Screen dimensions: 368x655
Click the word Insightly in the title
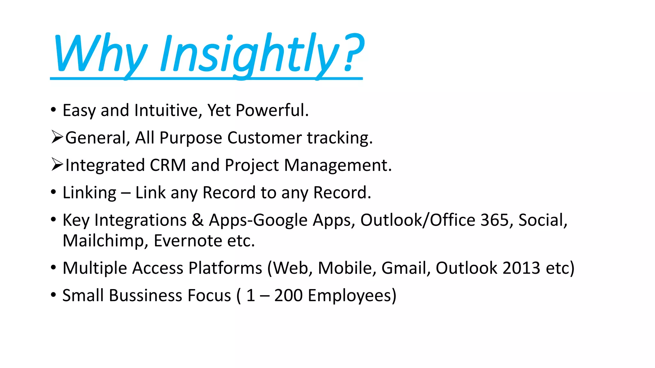249,54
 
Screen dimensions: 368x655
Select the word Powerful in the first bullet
272,111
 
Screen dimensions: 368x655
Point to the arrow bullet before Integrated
57,165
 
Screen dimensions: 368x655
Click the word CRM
168,165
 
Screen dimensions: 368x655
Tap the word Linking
90,193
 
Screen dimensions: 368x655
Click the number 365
495,220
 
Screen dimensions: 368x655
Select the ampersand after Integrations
198,220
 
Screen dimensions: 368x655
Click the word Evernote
188,241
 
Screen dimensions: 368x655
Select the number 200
288,296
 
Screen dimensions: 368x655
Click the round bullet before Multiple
53,267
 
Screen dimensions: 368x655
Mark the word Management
338,165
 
